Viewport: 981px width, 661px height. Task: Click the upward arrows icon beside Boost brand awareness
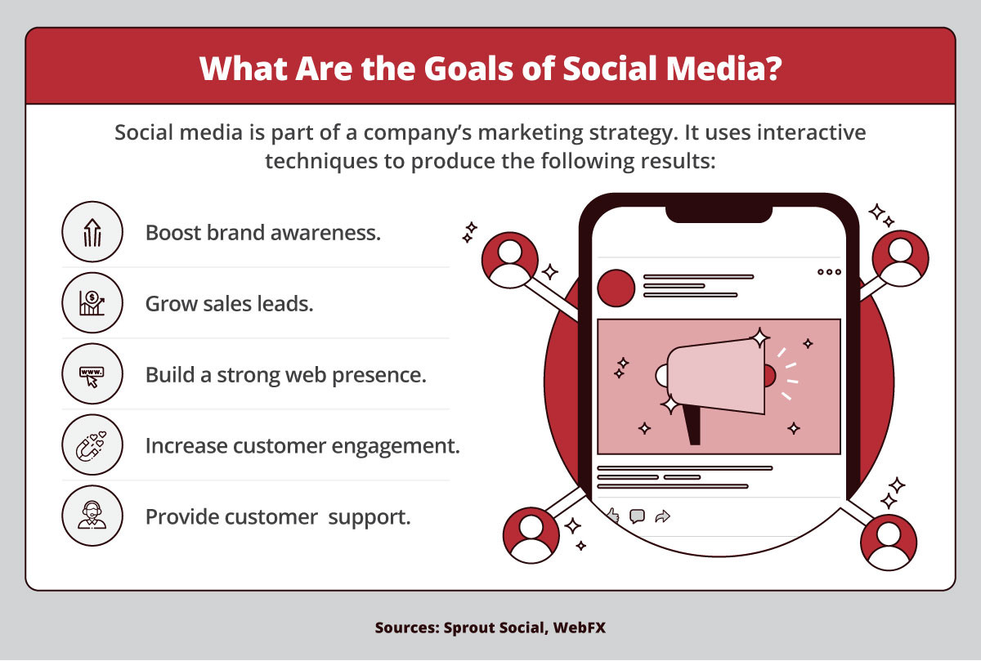(x=92, y=232)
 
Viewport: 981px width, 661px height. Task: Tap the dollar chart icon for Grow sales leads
(x=92, y=303)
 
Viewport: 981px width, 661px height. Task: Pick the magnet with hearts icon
(x=92, y=445)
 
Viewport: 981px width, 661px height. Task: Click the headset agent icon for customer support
(x=92, y=516)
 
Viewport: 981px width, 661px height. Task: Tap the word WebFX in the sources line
(x=579, y=628)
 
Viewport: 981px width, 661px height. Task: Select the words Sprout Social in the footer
(x=494, y=628)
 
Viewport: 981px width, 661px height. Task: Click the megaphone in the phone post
(x=715, y=385)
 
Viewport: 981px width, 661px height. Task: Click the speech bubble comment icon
(x=637, y=516)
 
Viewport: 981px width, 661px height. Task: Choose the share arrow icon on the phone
(x=663, y=516)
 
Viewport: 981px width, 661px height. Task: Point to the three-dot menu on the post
(x=829, y=272)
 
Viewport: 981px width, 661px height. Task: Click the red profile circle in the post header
(x=616, y=288)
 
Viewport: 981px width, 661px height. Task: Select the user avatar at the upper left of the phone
(x=510, y=260)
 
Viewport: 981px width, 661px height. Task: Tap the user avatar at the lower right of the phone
(x=889, y=543)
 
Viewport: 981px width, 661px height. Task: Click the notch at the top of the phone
(x=719, y=214)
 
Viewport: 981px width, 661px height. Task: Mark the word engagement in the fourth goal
(x=396, y=446)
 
